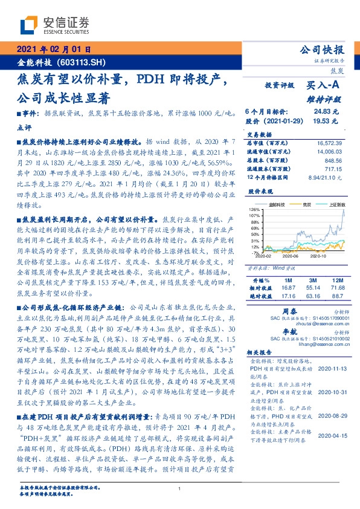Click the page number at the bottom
pyautogui.click(x=180, y=489)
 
